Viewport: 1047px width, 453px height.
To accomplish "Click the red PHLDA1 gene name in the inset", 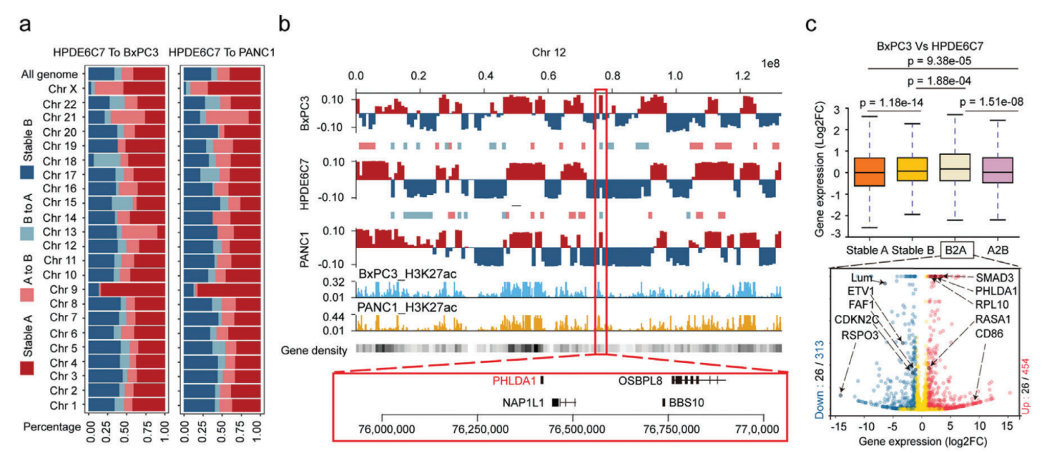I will pyautogui.click(x=514, y=380).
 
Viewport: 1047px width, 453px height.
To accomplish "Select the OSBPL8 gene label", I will pyautogui.click(x=641, y=380).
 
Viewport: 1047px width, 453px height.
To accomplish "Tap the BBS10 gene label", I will pyautogui.click(x=687, y=403).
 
